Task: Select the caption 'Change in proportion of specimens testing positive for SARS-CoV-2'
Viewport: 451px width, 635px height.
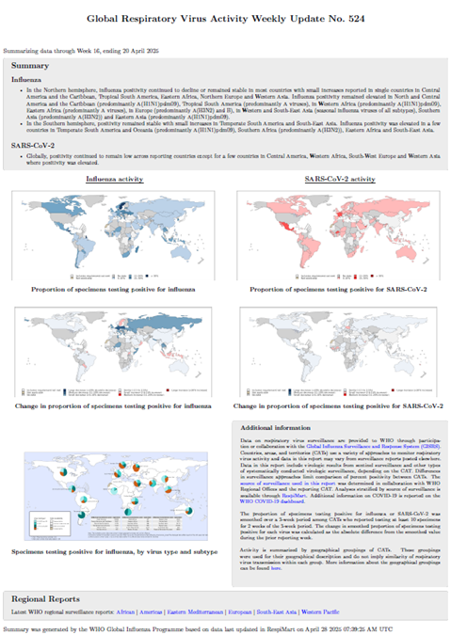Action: click(338, 405)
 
